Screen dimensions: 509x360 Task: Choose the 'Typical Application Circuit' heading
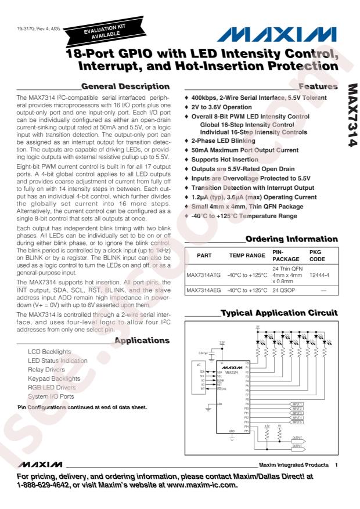pyautogui.click(x=279, y=313)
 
